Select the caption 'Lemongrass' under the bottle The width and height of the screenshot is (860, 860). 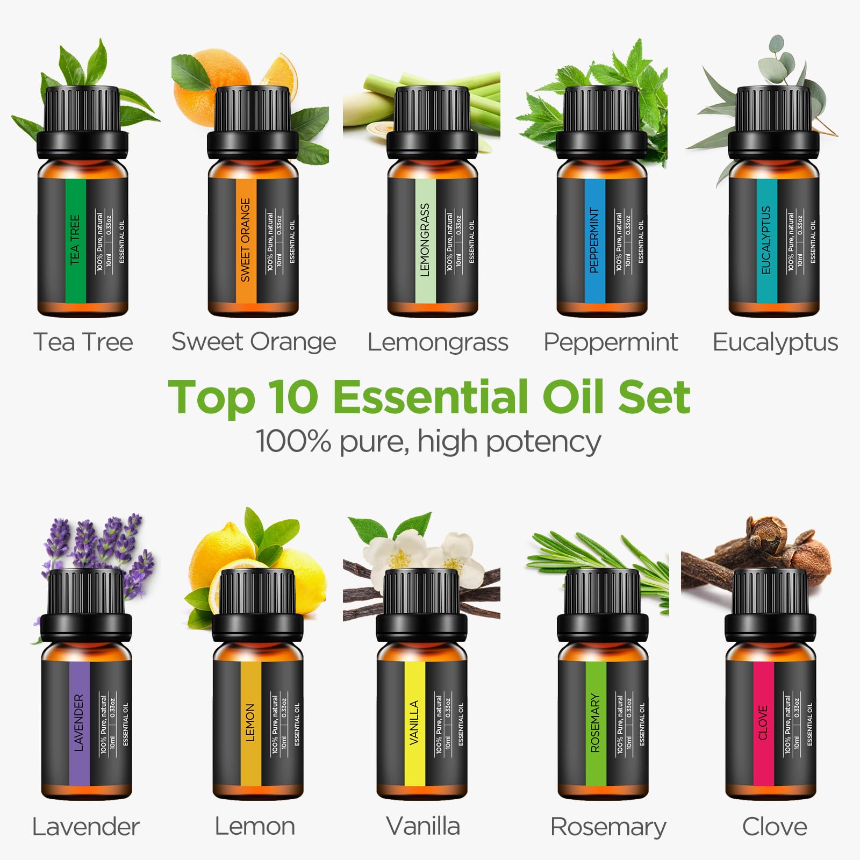438,342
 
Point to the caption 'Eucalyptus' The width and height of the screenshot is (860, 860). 775,342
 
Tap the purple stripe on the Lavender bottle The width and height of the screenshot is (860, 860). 80,723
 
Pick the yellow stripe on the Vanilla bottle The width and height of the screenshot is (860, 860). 414,723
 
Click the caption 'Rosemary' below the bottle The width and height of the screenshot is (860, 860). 608,827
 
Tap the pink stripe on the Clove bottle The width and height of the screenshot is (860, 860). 763,723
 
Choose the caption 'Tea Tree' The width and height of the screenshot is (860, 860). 83,342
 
